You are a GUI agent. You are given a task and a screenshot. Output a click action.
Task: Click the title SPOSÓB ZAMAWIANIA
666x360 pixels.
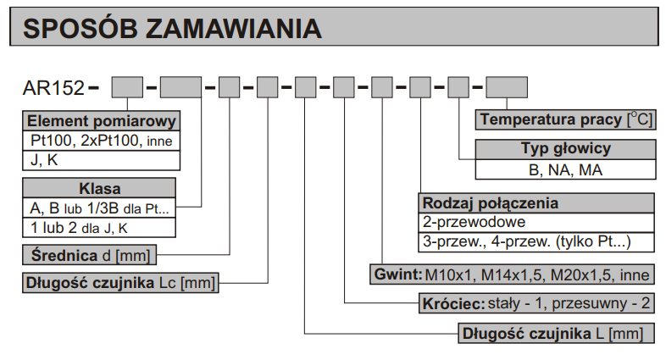coord(173,29)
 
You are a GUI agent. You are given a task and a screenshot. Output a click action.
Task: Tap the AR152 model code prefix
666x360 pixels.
coord(53,88)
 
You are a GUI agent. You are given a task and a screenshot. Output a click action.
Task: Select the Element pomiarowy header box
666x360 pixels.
coord(101,121)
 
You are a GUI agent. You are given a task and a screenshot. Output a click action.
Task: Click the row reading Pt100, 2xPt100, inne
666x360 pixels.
coord(101,141)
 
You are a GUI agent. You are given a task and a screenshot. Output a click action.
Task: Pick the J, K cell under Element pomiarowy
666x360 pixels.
coord(101,160)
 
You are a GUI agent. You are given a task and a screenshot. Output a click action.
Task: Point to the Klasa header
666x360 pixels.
coord(99,188)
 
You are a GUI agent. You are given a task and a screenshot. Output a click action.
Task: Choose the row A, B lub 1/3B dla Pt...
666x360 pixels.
coord(99,208)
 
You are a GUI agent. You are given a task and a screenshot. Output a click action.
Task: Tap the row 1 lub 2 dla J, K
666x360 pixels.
coord(99,228)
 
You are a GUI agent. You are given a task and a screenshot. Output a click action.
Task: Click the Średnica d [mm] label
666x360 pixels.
coord(89,255)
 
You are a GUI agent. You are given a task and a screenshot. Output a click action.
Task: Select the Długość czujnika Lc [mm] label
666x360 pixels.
coord(120,283)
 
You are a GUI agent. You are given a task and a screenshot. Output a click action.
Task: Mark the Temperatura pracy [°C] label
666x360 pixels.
coord(566,119)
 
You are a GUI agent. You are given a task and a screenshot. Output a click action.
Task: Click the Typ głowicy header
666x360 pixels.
coord(566,149)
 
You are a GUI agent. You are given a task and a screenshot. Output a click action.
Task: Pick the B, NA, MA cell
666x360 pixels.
coord(566,169)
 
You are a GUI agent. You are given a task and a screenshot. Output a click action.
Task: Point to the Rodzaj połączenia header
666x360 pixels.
coord(536,203)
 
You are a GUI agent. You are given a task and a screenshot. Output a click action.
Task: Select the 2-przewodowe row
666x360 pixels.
coord(536,222)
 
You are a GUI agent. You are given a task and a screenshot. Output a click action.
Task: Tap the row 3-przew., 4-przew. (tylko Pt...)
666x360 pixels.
coord(536,242)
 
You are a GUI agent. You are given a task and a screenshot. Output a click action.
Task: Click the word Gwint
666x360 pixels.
coord(398,274)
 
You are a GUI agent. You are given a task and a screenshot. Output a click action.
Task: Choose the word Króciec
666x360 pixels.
coord(453,303)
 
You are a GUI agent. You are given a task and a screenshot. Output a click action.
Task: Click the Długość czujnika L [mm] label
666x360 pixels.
coord(556,333)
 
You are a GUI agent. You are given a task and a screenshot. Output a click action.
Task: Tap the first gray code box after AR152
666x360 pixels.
coord(127,87)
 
